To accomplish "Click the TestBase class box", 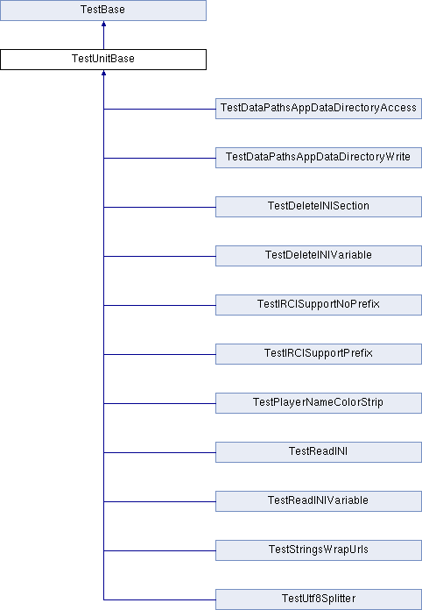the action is coord(103,11).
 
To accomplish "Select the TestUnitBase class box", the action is coord(103,60).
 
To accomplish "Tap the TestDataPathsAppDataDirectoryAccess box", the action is coord(319,109).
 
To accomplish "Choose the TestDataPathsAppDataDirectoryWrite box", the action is coord(319,158).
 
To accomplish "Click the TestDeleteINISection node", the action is coord(319,207).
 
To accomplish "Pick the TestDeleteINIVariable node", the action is coord(319,256).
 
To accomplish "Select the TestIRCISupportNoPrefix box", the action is coord(319,305).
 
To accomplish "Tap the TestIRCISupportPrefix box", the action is coord(319,353).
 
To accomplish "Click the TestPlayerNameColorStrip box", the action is coord(319,402).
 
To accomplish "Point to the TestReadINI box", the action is coord(319,451).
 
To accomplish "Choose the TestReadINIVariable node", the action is coord(319,500).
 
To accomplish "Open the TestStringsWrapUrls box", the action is coord(319,550).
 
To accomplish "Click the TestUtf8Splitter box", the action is coord(319,599).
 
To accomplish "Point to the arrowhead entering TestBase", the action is coord(104,24).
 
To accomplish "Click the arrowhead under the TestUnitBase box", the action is coord(104,73).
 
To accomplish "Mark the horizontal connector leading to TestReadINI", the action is coord(159,452).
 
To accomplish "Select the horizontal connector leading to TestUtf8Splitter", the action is coord(159,599).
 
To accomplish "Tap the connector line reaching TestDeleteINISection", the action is coord(159,207).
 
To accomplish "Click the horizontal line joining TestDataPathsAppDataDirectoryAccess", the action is coord(159,109).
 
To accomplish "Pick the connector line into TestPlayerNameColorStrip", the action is coord(159,403).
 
